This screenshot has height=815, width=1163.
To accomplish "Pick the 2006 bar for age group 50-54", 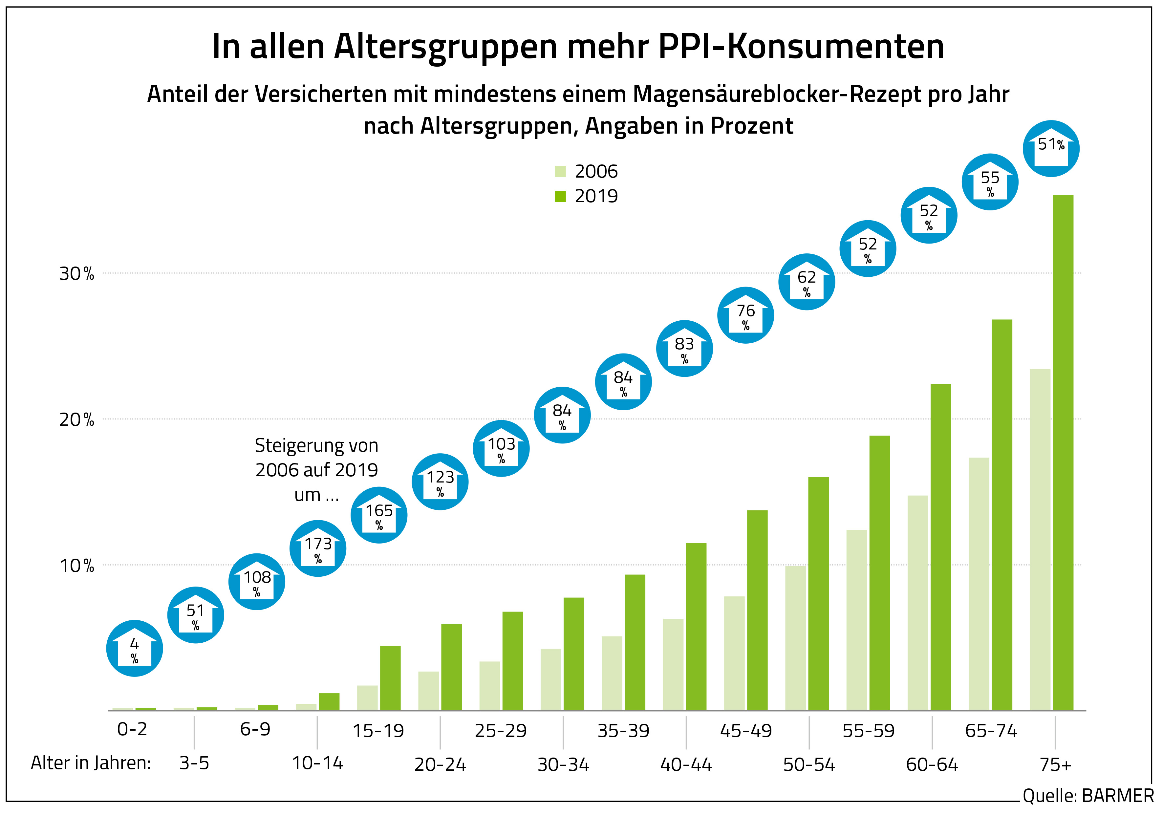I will tap(795, 638).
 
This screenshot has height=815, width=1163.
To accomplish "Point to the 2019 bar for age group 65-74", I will tap(1002, 515).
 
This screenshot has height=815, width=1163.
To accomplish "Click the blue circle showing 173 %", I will tap(318, 548).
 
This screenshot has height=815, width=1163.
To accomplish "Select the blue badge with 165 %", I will tap(379, 515).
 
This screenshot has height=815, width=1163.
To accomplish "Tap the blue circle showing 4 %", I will tap(134, 648).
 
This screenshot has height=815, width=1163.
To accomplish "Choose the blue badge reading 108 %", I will tap(257, 582).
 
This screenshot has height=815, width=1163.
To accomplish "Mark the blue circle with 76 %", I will tap(745, 315).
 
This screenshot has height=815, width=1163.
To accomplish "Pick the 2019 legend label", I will tap(596, 196).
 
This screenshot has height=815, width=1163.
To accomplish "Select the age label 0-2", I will tap(132, 729).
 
